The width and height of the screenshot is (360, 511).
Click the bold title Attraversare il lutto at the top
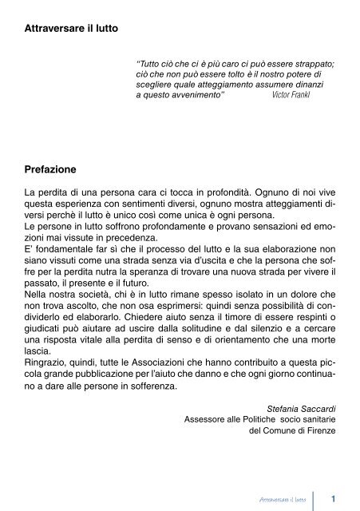pyautogui.click(x=72, y=29)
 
